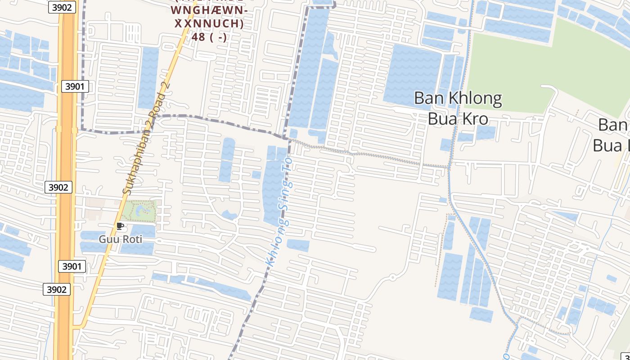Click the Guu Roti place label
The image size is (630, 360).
coord(120,239)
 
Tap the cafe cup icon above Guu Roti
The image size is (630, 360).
coord(120,226)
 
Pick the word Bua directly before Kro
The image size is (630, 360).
coord(442,119)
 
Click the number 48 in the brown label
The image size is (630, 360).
coord(198,37)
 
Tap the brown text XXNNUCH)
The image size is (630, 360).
coord(209,23)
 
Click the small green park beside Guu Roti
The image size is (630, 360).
coord(139,211)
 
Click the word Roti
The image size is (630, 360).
coord(132,239)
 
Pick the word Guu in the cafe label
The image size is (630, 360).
coord(108,239)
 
